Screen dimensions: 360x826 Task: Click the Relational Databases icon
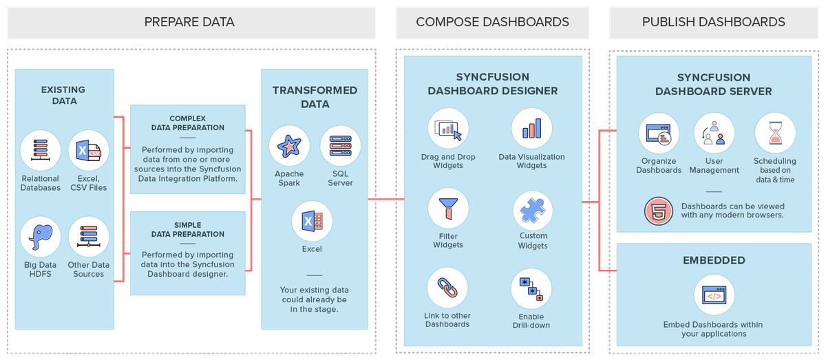[x=40, y=151]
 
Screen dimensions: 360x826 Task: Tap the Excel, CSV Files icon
[x=89, y=151]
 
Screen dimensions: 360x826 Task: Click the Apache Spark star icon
[x=289, y=146]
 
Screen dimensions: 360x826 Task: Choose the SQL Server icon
[x=340, y=146]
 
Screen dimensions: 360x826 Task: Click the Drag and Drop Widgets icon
[x=448, y=129]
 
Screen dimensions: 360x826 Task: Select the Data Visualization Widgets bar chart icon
[x=532, y=129]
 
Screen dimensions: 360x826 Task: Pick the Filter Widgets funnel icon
[x=448, y=209]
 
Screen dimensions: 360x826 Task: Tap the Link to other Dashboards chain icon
[x=447, y=288]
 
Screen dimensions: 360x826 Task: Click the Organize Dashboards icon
[x=659, y=134]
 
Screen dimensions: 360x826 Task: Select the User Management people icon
[x=714, y=134]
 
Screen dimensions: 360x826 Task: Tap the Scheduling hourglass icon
[x=775, y=134]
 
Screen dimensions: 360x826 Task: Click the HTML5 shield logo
[x=659, y=211]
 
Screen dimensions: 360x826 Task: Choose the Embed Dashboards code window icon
[x=714, y=295]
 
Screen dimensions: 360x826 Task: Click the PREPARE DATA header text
[x=189, y=22]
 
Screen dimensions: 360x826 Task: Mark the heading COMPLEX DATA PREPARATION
[x=188, y=123]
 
